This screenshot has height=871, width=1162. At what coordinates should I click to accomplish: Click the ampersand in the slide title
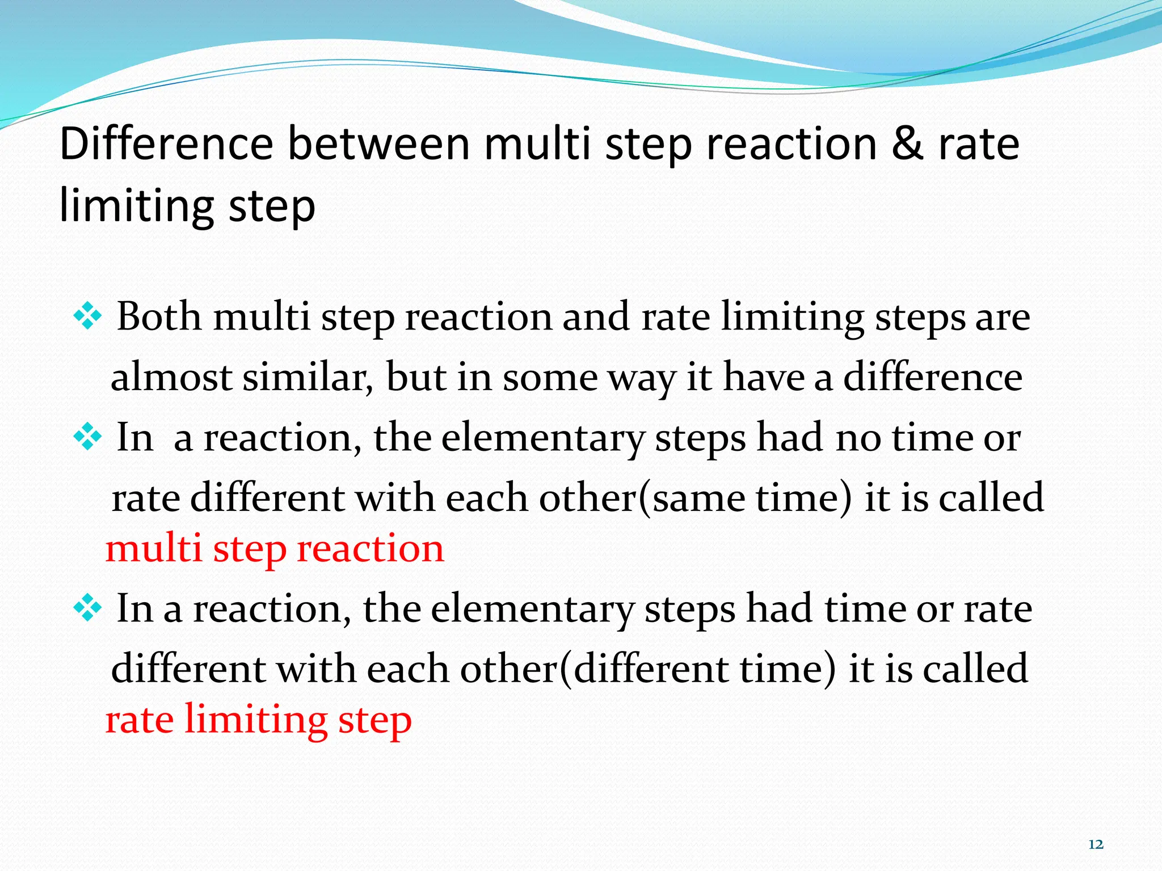pos(907,144)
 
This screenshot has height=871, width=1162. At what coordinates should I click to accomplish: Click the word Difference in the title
pos(166,144)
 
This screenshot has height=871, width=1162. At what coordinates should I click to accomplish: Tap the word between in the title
pos(378,144)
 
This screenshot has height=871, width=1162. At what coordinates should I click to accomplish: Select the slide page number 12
pos(1096,844)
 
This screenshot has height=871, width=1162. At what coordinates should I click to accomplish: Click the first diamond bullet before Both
pos(88,316)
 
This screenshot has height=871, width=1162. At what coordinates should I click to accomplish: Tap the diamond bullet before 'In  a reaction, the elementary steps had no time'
pos(88,437)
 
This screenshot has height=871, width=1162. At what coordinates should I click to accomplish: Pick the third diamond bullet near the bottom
pos(88,608)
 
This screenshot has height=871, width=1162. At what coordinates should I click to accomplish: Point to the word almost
pos(171,378)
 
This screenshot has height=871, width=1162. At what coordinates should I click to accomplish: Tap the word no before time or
pos(858,438)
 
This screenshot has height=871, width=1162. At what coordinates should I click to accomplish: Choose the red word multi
pos(154,549)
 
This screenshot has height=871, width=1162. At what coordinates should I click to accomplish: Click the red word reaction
pos(370,549)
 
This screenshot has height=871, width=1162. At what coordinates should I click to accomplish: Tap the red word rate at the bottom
pos(140,720)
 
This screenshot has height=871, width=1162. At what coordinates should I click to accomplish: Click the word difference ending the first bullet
pos(933,378)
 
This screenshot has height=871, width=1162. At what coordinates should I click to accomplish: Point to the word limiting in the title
pos(137,205)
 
